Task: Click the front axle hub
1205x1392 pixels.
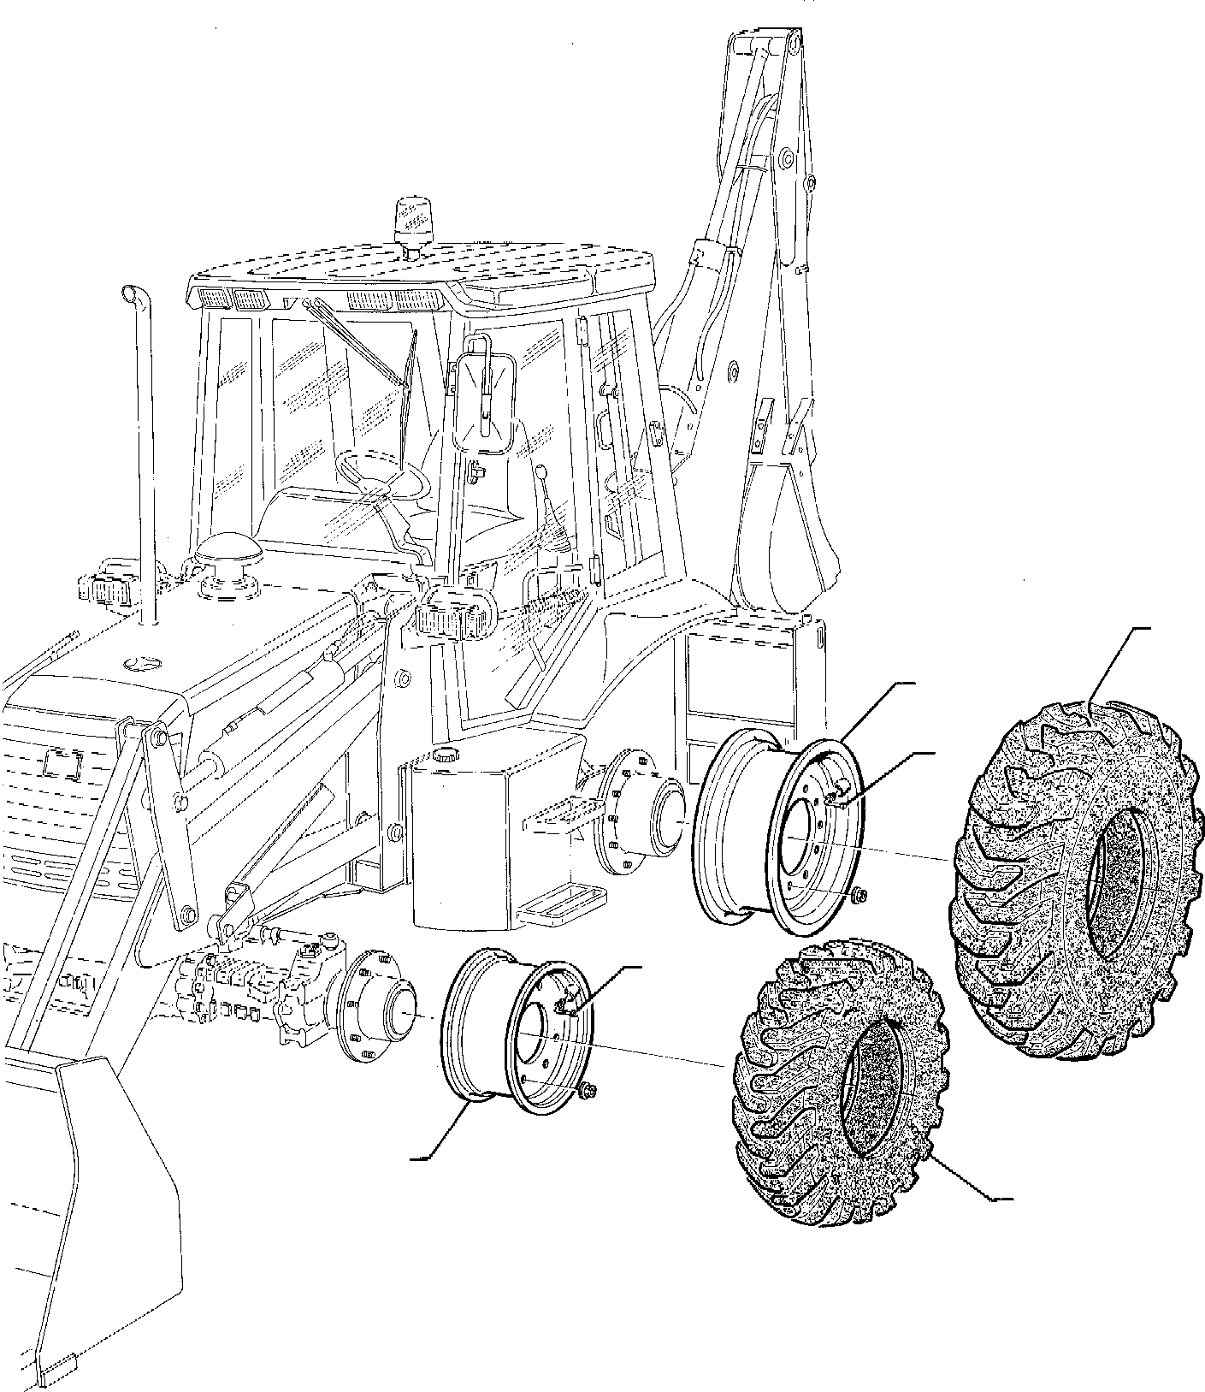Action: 376,1005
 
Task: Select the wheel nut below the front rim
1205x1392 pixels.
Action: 587,1089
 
